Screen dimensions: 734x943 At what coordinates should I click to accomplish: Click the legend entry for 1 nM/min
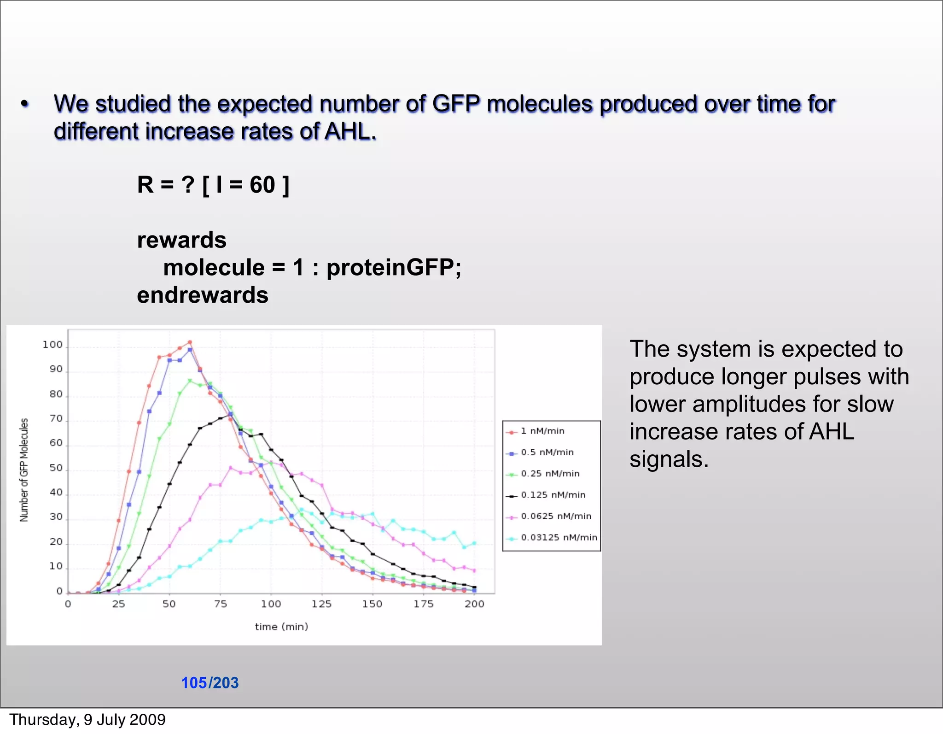542,431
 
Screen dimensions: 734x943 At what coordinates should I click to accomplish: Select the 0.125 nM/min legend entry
553,495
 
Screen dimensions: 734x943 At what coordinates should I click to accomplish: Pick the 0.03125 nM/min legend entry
559,538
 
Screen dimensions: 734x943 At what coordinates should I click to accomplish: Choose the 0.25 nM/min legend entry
550,474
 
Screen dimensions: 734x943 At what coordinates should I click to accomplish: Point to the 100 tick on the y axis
52,345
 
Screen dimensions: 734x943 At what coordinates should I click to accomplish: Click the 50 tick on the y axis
56,468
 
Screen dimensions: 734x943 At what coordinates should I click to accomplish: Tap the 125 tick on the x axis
321,604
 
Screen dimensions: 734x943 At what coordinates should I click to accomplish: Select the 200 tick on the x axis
474,604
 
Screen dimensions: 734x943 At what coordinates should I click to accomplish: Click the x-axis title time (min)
281,627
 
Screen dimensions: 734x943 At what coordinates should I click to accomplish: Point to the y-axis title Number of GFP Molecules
24,470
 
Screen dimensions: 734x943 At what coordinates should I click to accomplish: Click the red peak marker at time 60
190,342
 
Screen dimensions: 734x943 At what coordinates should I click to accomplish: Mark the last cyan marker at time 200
474,543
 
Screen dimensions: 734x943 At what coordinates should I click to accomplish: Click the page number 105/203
210,682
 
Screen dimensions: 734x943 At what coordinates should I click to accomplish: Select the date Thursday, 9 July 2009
87,720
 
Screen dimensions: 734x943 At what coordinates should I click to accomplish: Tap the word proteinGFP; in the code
394,268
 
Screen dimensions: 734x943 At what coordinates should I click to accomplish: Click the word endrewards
203,295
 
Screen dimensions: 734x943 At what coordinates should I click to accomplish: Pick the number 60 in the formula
262,185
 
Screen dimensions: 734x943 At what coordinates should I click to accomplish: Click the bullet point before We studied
25,104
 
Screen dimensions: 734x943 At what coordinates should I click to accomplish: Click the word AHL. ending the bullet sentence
350,132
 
